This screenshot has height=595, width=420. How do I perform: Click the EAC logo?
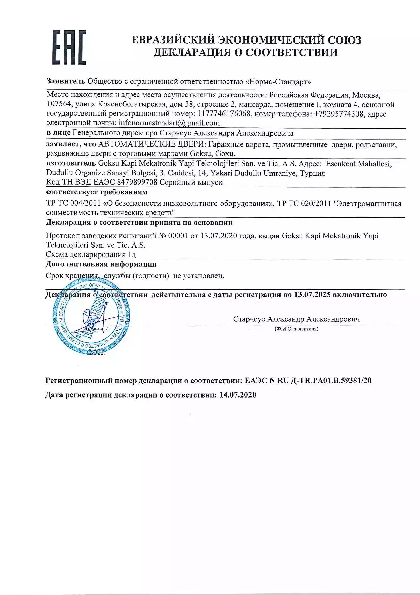point(69,47)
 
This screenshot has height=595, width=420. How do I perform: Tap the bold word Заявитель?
point(66,81)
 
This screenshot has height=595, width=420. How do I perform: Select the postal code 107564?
point(58,104)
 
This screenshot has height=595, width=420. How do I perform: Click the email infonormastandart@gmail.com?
point(169,123)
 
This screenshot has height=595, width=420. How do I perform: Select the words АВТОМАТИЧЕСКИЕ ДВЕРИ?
point(152,144)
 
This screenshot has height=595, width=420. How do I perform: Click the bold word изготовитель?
point(71,164)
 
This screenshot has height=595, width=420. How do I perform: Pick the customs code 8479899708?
point(137,182)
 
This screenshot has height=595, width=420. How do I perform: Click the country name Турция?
point(312,173)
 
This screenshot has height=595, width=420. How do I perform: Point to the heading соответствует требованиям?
point(97,192)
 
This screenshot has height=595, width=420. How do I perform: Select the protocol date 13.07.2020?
point(219,236)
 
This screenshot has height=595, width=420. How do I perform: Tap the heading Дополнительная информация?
point(101,264)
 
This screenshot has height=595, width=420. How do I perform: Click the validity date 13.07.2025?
point(312,295)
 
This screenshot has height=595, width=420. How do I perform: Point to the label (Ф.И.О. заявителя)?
point(296,329)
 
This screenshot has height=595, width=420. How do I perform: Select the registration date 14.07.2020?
point(238,395)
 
